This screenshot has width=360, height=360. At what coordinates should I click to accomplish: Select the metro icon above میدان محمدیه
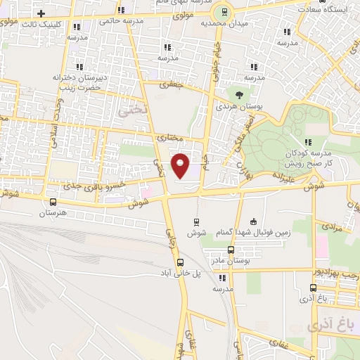(224, 11)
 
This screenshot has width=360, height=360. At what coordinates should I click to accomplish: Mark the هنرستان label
(53, 212)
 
